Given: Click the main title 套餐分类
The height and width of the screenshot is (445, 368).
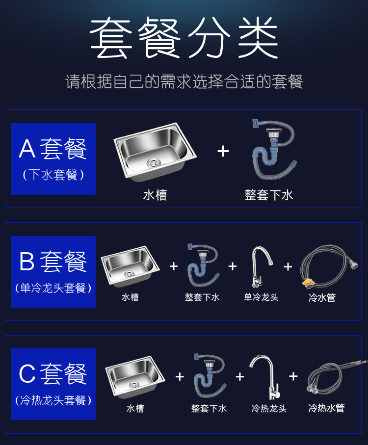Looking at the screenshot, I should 184,38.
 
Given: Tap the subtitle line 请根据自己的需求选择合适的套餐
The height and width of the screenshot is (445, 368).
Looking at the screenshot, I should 184,81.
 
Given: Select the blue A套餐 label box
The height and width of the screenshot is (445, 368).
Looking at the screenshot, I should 53,158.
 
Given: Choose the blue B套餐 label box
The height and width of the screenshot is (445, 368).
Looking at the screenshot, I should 53,271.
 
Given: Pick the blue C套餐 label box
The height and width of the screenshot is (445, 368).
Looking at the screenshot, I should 53,384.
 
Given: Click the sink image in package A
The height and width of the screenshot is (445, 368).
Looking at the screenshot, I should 155,152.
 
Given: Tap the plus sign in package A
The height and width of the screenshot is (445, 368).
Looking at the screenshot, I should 223,151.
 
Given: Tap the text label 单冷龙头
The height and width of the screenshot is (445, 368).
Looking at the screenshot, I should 261,297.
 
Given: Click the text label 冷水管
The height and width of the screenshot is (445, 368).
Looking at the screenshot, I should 322,297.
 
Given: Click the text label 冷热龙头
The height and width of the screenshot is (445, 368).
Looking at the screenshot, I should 269,408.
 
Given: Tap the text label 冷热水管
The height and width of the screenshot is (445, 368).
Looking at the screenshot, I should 327,408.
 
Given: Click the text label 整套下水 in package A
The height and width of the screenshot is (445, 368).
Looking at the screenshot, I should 269,195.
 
